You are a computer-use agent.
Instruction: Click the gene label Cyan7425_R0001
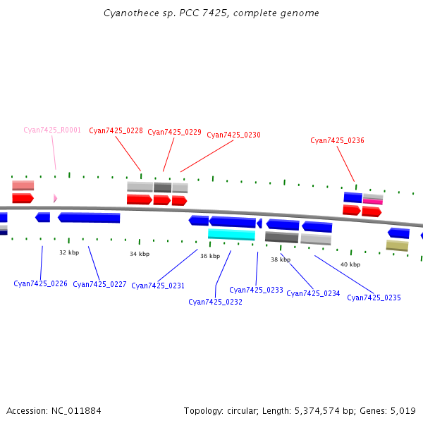tap(52, 130)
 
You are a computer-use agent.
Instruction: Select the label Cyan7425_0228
tap(116, 131)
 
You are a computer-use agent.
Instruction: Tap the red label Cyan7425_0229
tap(174, 132)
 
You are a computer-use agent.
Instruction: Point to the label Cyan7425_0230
tap(233, 135)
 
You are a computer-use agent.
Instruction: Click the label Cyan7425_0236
tap(337, 140)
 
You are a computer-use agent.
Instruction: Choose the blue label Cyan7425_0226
tap(40, 283)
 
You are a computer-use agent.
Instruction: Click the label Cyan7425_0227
tap(99, 284)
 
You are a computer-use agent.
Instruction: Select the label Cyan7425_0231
tap(158, 286)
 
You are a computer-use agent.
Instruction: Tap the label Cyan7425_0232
tap(215, 302)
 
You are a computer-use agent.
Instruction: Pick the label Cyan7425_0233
tap(256, 290)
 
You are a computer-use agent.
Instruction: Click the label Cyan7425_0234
tap(313, 293)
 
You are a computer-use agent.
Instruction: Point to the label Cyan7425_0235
tap(374, 298)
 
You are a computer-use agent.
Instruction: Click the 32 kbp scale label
tap(69, 252)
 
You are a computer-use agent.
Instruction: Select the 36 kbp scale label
tap(210, 256)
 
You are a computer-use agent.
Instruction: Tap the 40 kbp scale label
tap(350, 264)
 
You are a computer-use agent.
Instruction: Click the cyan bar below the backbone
tap(231, 235)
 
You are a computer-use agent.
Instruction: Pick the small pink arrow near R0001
tap(55, 198)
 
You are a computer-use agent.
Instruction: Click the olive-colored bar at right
tap(397, 245)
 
